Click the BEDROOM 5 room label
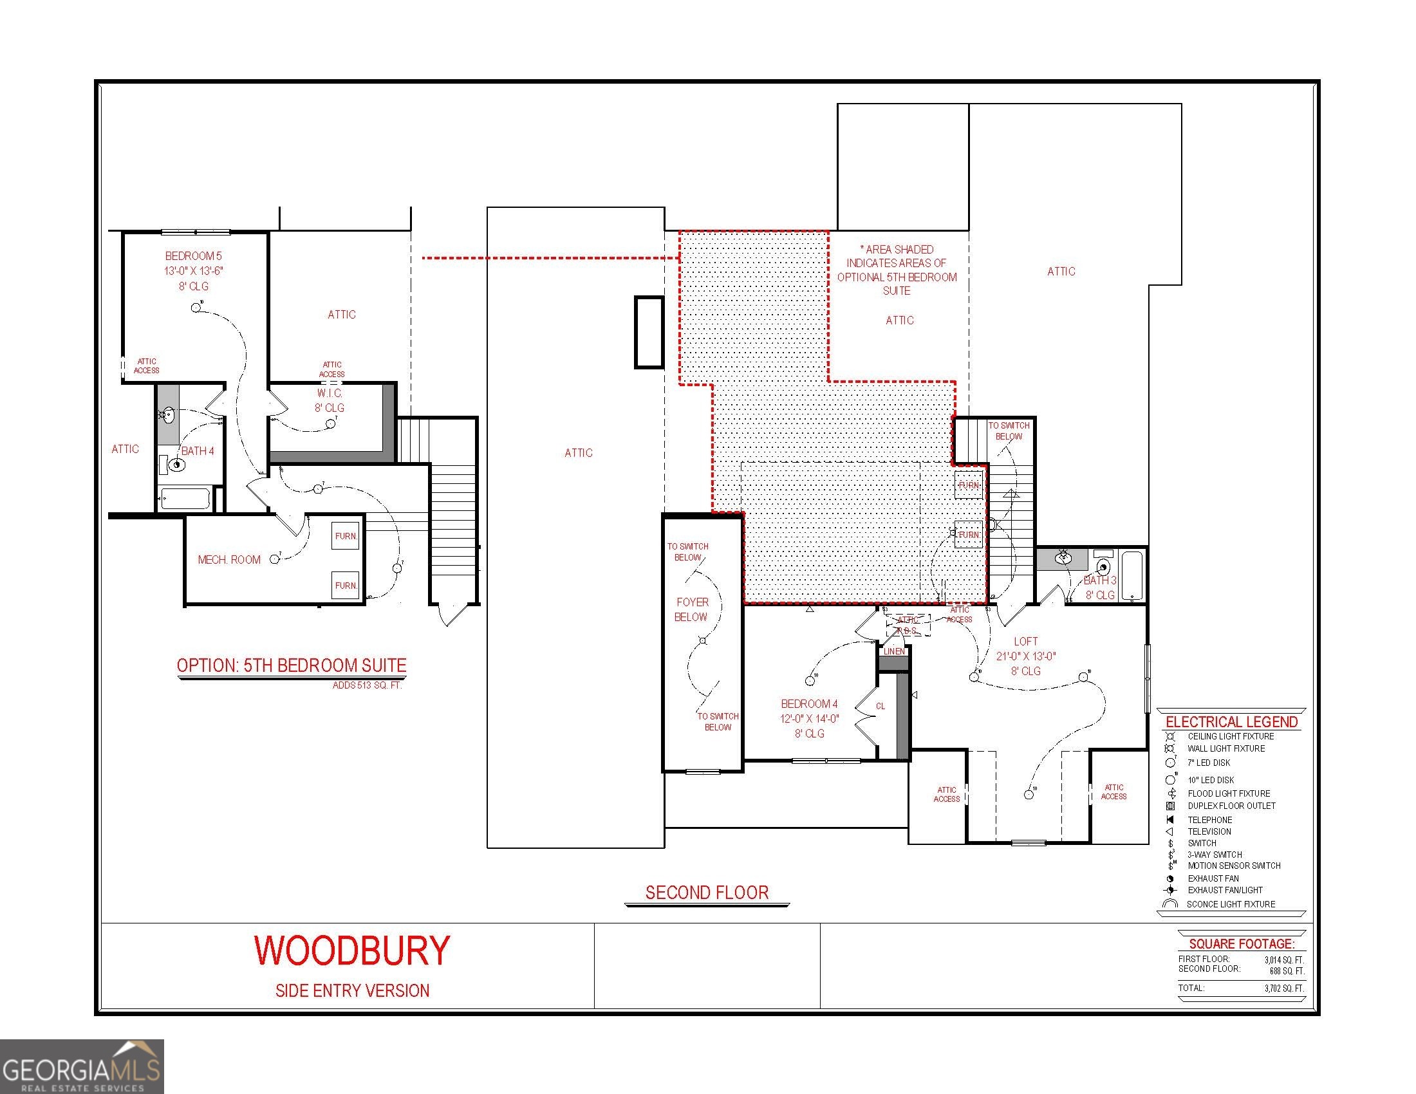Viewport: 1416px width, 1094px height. coord(193,256)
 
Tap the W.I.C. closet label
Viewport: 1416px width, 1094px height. coord(330,393)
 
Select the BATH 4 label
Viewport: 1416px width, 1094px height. coord(198,451)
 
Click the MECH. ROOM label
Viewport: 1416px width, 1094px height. coord(229,560)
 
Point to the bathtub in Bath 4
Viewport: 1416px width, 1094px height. coord(185,499)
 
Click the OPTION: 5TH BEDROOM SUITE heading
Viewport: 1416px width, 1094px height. coord(292,665)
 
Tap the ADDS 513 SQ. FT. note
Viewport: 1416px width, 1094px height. coord(367,685)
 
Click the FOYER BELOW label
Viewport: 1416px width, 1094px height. coord(691,609)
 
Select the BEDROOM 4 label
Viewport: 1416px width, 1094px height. coord(809,704)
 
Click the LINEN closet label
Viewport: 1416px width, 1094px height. coord(894,651)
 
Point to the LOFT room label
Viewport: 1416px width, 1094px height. coord(1026,641)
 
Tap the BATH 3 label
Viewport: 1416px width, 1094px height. coord(1099,580)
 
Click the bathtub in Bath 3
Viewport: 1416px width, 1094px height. coord(1132,575)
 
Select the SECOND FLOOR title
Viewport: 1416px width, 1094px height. coord(707,893)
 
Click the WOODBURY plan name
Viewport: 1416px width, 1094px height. coord(352,950)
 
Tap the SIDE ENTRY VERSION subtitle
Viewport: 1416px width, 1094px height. coord(352,990)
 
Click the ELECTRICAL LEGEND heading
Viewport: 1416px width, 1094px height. coord(1231,722)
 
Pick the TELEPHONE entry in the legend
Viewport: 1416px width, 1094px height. coord(1210,820)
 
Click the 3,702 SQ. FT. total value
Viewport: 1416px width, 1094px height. coord(1284,988)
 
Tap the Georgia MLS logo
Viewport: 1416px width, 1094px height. coord(81,1067)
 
